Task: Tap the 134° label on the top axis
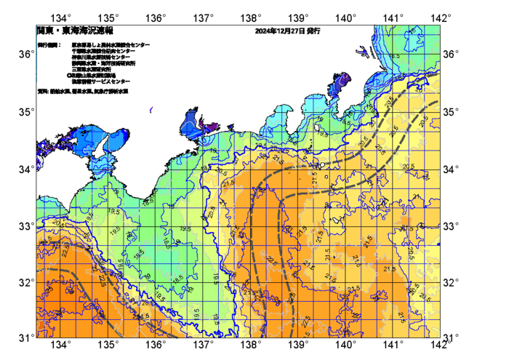(x=62, y=17)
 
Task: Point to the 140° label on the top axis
(x=346, y=17)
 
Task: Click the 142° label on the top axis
(x=441, y=17)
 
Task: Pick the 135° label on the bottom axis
(x=109, y=344)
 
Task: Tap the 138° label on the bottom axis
(x=252, y=344)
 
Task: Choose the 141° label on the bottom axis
(x=393, y=344)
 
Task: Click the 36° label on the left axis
(x=25, y=55)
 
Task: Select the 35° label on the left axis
(x=25, y=112)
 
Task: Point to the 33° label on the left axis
(x=25, y=226)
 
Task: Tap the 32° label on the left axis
(x=25, y=282)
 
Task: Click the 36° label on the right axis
(x=452, y=55)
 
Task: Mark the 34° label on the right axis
(x=452, y=169)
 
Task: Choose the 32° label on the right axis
(x=452, y=282)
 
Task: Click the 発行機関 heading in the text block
(x=49, y=45)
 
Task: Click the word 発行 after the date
(x=313, y=32)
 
